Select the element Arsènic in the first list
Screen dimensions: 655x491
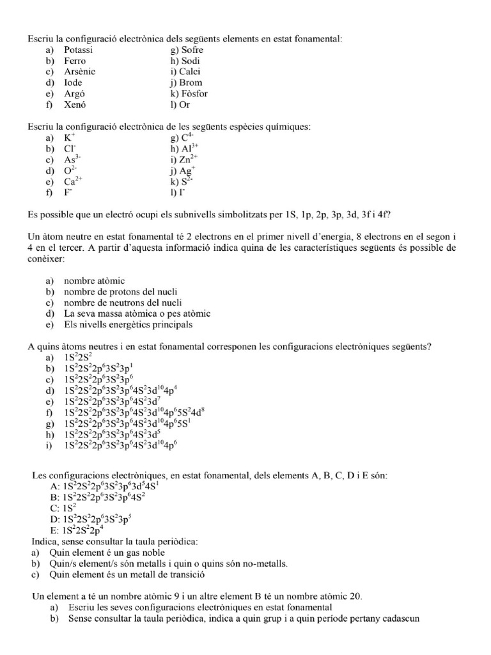tap(79, 72)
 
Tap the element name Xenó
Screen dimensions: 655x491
tap(75, 104)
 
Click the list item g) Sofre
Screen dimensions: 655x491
tap(183, 50)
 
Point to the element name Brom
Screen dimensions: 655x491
tap(191, 83)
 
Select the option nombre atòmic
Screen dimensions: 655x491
tap(94, 281)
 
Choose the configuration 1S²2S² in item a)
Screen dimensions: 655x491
tap(79, 358)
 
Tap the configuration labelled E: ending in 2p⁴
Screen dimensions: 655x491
tap(80, 530)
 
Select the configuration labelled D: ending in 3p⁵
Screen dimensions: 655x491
tap(95, 519)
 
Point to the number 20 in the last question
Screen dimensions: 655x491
tap(355, 596)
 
